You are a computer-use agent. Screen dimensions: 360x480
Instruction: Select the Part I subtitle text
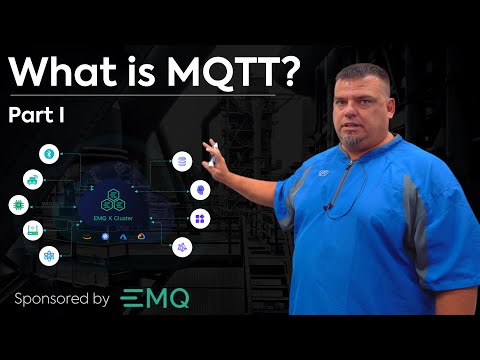(x=37, y=116)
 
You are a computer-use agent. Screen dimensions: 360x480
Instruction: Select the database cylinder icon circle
(x=181, y=161)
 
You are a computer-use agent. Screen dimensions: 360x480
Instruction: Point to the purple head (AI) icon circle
(x=199, y=188)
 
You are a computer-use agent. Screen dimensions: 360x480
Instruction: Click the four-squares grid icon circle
(x=199, y=218)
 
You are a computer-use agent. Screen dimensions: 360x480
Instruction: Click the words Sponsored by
(x=62, y=299)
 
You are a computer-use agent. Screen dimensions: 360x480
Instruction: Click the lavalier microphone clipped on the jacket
(x=328, y=208)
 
